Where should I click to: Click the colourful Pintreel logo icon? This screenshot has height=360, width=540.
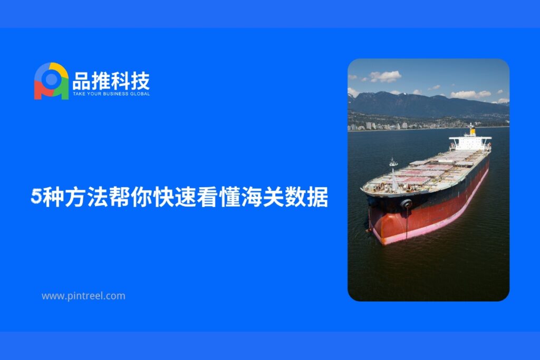51,81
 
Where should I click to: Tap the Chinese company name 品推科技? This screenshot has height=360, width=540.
111,81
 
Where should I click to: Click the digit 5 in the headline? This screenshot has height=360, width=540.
36,197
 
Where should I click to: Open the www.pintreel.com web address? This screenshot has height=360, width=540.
83,296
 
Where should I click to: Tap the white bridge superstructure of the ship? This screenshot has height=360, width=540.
470,143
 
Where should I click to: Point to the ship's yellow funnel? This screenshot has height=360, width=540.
472,131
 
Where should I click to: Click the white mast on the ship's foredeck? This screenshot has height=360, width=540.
393,174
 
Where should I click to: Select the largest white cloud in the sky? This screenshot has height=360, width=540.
385,76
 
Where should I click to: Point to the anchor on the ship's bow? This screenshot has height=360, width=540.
406,203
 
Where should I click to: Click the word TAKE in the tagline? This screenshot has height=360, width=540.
78,94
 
